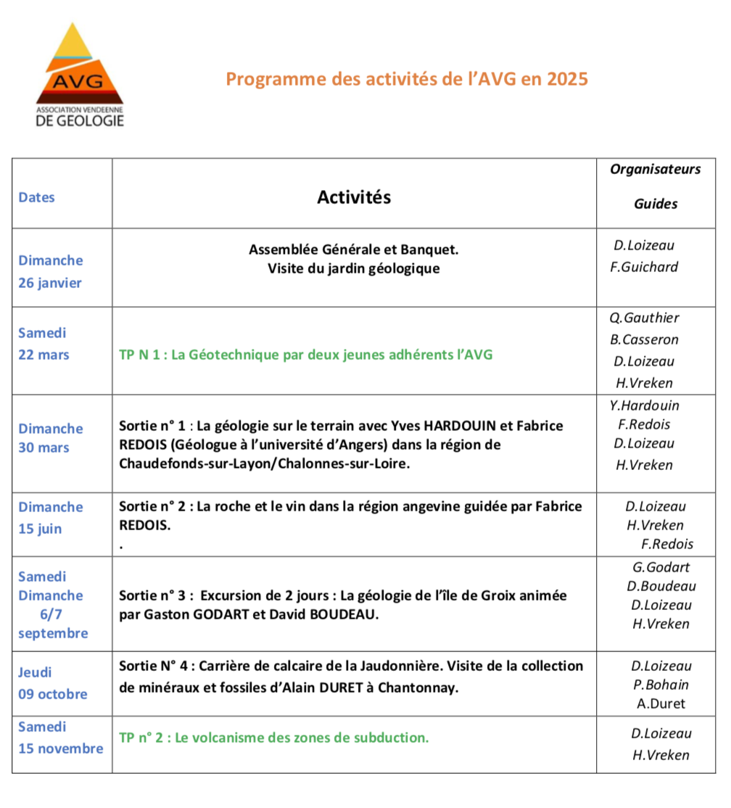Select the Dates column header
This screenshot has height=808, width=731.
tap(37, 197)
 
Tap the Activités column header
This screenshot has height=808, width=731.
tap(354, 197)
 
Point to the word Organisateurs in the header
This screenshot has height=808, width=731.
tap(655, 170)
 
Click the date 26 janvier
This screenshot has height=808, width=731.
tap(50, 283)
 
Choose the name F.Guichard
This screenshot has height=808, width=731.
tap(644, 267)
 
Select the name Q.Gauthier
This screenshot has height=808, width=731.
tap(645, 318)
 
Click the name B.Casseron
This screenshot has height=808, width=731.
tap(645, 339)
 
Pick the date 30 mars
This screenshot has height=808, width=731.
tap(44, 448)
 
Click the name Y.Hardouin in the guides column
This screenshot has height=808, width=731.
tap(645, 405)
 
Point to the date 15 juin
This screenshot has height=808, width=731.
tap(40, 529)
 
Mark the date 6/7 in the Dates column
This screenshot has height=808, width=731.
tap(51, 614)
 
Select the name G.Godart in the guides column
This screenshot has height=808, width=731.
tap(661, 567)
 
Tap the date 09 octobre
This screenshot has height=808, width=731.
tap(52, 694)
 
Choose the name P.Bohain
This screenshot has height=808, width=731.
tap(661, 685)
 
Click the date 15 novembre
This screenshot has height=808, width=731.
tap(61, 748)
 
